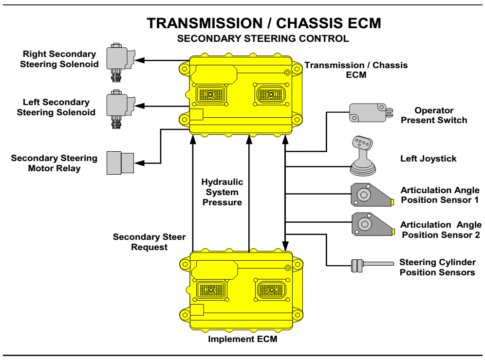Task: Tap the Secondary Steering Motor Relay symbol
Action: point(120,163)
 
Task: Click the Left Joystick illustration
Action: point(363,156)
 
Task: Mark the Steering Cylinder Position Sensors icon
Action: point(373,266)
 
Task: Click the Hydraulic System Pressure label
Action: point(222,192)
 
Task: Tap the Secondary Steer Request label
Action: point(149,242)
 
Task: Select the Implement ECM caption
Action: point(242,339)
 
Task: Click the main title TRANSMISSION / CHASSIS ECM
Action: point(264,23)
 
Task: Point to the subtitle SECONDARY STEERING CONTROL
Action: point(263,38)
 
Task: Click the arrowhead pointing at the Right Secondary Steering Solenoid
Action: point(140,60)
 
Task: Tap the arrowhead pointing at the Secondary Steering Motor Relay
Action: point(139,163)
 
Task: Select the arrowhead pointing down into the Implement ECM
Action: point(285,246)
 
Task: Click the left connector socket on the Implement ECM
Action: point(211,290)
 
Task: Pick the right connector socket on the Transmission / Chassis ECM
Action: point(271,94)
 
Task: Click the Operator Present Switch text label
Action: point(434,115)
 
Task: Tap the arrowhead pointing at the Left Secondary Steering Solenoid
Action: point(140,106)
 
